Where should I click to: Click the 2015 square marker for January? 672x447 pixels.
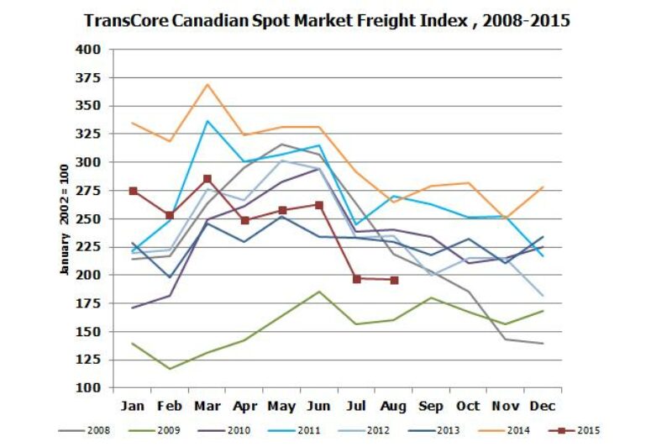coord(134,191)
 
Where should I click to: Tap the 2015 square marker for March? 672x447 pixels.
coord(207,179)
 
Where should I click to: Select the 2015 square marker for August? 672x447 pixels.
coord(394,280)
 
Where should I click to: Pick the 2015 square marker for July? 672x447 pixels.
coord(356,279)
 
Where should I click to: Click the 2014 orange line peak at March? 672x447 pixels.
coord(207,84)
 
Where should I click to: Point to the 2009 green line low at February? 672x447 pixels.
coord(171,369)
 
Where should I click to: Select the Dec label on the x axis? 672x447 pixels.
coord(542,406)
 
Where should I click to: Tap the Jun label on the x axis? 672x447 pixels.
coord(319,406)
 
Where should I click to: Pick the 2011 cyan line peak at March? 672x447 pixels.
coord(207,121)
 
